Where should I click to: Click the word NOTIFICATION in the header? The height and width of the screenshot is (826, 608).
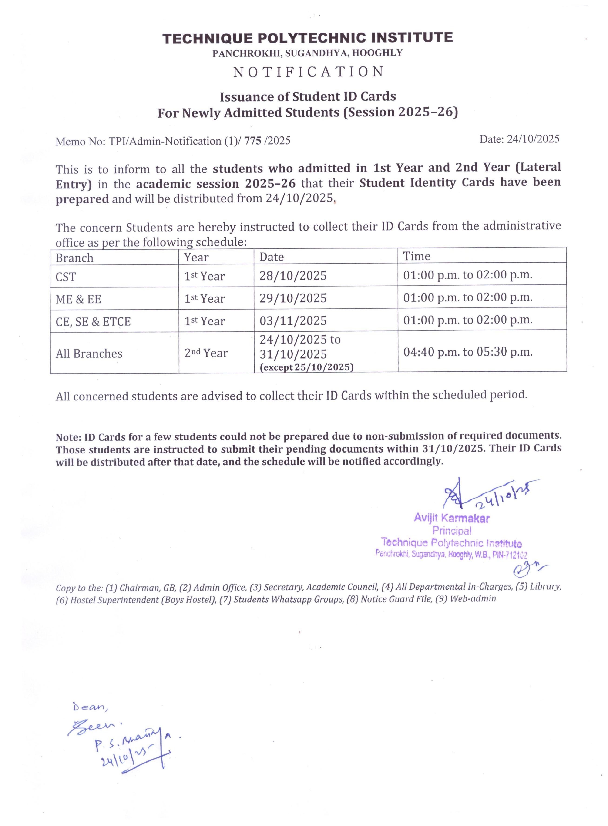click(308, 72)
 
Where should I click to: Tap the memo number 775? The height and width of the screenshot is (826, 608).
click(254, 141)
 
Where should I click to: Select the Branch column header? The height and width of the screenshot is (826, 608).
click(74, 258)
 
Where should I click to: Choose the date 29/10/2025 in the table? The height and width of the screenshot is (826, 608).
click(293, 298)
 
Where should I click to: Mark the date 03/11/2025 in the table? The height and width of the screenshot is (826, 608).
click(293, 321)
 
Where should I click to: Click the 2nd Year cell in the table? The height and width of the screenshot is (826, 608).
click(206, 353)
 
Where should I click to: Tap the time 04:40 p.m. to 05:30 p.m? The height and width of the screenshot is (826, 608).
click(468, 352)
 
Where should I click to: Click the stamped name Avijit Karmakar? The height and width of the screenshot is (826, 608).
click(452, 518)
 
